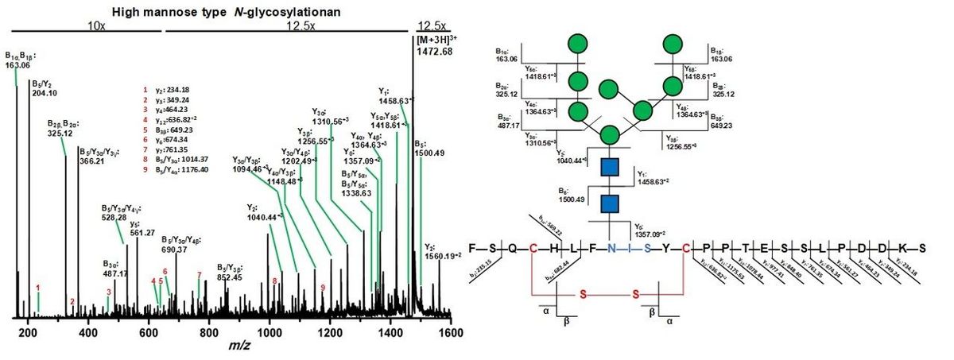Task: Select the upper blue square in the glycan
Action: (611, 168)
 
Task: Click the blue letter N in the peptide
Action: (611, 248)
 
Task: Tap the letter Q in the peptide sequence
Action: (514, 248)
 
